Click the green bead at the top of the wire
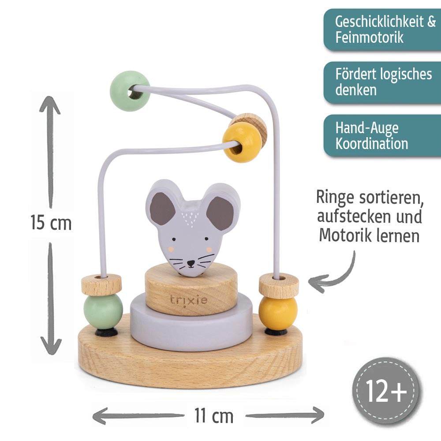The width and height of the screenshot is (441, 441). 130,92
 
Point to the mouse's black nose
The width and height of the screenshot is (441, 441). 190,264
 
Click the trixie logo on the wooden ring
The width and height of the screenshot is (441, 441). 189,301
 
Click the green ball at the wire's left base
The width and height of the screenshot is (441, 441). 103,310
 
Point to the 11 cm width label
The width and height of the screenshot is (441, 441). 213,415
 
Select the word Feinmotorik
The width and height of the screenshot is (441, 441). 369,37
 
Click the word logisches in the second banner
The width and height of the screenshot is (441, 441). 402,74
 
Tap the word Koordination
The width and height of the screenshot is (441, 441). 371,144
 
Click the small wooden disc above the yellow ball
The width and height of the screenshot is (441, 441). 278,285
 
